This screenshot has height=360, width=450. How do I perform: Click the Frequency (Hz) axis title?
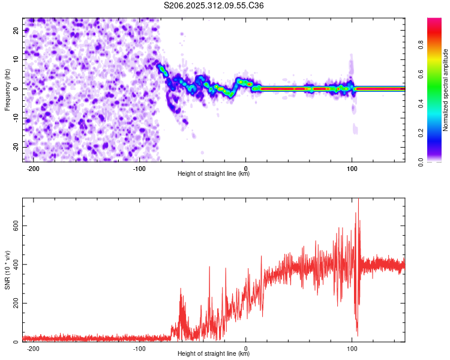tap(7, 89)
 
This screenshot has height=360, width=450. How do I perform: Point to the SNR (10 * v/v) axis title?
tap(7, 270)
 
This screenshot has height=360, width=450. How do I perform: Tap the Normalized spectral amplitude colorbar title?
tap(446, 90)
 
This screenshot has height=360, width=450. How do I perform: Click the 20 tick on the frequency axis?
tap(16, 31)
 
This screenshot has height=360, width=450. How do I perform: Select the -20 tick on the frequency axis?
tap(15, 147)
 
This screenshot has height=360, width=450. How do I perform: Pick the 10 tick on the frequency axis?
tap(16, 59)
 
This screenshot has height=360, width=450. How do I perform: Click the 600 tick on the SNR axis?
tap(14, 226)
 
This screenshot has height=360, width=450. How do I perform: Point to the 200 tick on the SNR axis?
tap(14, 304)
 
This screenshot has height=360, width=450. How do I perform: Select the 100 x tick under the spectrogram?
tap(352, 168)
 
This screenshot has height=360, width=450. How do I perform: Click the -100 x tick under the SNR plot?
tap(139, 348)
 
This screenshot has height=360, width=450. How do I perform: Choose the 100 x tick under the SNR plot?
tap(352, 348)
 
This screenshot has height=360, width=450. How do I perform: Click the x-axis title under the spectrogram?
tap(214, 174)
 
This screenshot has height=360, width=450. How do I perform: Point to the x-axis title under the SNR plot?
tap(214, 354)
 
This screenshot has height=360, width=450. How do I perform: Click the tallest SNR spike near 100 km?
tap(358, 201)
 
